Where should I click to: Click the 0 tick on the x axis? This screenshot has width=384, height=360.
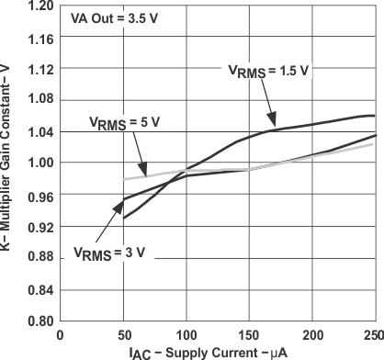point(61,334)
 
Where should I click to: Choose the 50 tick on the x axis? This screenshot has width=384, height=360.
point(123,334)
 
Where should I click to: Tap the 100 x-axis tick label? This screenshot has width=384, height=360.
point(186,334)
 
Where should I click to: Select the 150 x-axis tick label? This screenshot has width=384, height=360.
point(249,334)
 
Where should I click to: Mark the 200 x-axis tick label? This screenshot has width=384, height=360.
point(312,334)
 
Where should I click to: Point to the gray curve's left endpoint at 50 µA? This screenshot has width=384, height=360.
point(124,179)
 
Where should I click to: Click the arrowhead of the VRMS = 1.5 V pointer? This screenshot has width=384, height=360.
point(274,120)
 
